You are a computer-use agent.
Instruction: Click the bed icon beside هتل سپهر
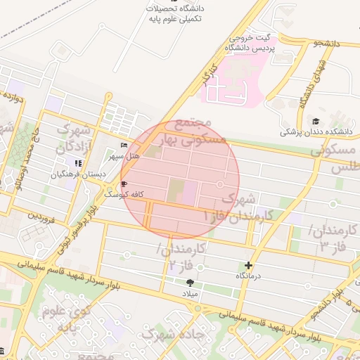124,145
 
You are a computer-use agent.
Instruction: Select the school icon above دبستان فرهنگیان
78,163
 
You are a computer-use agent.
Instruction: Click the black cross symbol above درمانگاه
247,266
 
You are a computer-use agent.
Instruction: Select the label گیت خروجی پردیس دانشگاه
251,42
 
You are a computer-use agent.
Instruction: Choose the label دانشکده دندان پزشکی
316,131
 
